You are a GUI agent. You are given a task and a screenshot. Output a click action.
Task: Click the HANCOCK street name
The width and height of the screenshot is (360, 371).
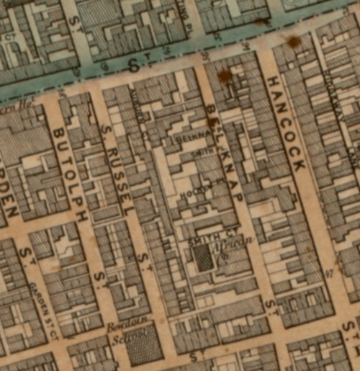(x=287, y=123)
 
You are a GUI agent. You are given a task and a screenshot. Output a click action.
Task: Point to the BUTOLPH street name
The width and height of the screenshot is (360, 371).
(x=70, y=174)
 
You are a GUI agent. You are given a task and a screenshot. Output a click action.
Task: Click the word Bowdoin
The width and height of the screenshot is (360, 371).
(x=122, y=326)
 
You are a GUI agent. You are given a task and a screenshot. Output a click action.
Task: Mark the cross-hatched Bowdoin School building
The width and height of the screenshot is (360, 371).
(x=144, y=347)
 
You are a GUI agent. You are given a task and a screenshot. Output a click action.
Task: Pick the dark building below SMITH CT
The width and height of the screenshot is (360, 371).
(x=205, y=258)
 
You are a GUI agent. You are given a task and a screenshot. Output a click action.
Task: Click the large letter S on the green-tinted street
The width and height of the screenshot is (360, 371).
(x=132, y=66)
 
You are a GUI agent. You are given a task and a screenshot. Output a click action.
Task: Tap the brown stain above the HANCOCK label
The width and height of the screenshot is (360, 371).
(x=294, y=42)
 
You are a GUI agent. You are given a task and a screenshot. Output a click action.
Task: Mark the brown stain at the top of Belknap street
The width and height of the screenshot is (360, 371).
(x=225, y=76)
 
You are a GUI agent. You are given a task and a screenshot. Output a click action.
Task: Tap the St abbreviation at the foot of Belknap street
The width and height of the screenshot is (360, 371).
(x=270, y=308)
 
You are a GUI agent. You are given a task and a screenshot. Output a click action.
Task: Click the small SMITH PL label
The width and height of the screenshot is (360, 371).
(x=204, y=154)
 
